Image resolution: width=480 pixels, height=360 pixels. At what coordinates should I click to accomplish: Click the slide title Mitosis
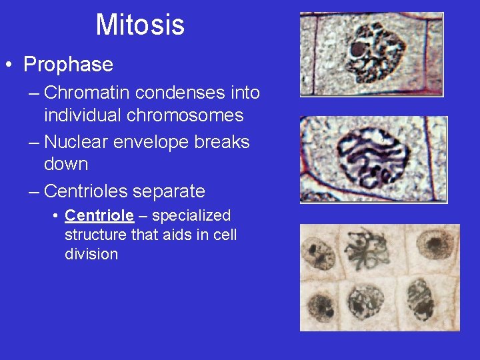(140, 25)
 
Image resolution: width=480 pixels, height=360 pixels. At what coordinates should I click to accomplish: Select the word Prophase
(68, 65)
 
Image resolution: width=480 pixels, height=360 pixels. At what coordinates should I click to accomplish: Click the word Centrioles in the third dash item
(86, 191)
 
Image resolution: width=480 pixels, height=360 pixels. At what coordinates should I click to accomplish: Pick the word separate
(169, 191)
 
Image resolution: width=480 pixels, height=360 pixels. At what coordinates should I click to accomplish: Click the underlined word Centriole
(99, 216)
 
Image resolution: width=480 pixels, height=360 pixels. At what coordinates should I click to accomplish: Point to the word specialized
(191, 216)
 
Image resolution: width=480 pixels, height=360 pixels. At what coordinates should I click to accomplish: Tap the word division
(91, 254)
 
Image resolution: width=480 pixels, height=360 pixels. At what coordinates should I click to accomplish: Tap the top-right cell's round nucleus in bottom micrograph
(435, 245)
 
